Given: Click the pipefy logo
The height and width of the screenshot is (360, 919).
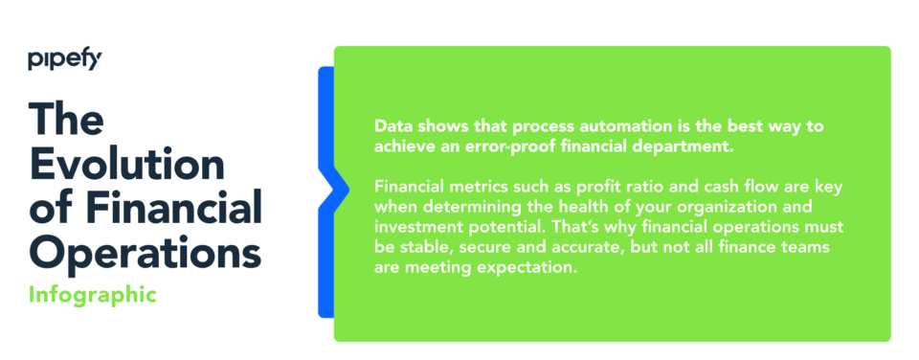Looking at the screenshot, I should click(x=64, y=61).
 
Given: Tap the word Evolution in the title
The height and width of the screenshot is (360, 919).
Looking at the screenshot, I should click(x=126, y=164).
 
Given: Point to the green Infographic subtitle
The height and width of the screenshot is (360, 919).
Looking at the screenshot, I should click(x=92, y=294).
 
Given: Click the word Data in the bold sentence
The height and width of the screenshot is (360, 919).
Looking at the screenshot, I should click(x=392, y=126).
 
